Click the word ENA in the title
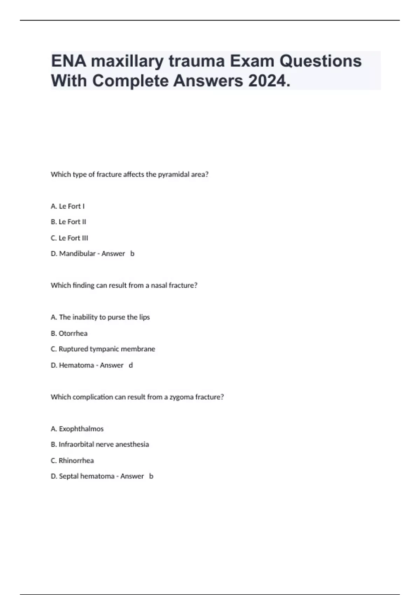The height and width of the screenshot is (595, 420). point(69,61)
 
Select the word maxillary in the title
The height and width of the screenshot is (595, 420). point(127,61)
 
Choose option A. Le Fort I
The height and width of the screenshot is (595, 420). point(68,206)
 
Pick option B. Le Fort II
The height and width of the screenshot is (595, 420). point(68,222)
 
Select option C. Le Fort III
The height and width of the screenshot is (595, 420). point(69,238)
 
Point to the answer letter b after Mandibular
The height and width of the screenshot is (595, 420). point(132,253)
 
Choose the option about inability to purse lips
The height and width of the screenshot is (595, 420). point(100,317)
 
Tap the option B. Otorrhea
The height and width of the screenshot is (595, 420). point(69,333)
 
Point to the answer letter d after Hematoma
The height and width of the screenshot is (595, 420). point(131,365)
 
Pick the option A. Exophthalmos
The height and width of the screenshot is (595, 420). point(77,429)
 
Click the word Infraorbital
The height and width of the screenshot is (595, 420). point(76,444)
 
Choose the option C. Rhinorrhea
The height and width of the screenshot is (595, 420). point(72,461)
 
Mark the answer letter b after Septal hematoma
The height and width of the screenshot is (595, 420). point(151,476)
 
